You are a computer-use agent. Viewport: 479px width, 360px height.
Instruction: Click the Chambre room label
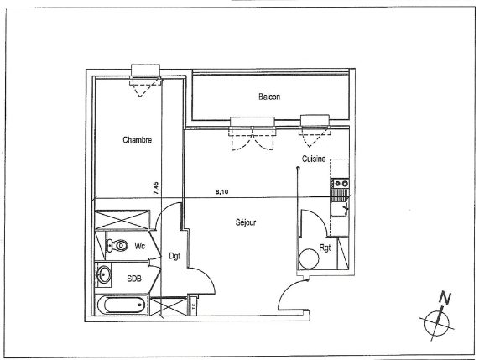click(x=138, y=140)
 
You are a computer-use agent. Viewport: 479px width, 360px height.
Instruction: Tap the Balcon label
click(x=269, y=97)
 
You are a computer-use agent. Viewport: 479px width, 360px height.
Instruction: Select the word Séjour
click(x=246, y=222)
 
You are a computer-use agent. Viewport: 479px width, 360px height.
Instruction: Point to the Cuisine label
click(x=314, y=159)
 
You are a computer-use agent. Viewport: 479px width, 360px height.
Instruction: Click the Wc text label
click(x=139, y=246)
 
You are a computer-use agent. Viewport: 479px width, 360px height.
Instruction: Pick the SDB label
click(x=134, y=279)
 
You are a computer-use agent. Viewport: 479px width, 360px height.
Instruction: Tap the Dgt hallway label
click(x=174, y=256)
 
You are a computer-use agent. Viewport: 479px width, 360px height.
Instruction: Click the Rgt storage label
click(x=325, y=248)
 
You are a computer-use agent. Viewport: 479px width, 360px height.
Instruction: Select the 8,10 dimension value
click(x=222, y=192)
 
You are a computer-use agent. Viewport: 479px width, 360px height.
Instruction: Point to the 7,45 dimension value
click(x=156, y=188)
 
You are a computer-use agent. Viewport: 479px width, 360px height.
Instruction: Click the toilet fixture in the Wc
click(x=117, y=245)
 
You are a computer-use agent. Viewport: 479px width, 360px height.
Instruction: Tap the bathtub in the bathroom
click(x=122, y=305)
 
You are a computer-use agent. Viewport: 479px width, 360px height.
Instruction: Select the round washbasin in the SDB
click(x=104, y=274)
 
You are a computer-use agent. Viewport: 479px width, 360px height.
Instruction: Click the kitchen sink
click(x=339, y=209)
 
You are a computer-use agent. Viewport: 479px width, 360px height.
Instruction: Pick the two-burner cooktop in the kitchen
click(x=341, y=184)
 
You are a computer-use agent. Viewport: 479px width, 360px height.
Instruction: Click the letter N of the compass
click(x=445, y=298)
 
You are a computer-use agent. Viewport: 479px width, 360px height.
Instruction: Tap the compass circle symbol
click(x=437, y=322)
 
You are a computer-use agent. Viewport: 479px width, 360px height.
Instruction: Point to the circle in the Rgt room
click(x=309, y=258)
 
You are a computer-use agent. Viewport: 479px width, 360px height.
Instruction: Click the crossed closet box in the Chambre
click(x=122, y=219)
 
